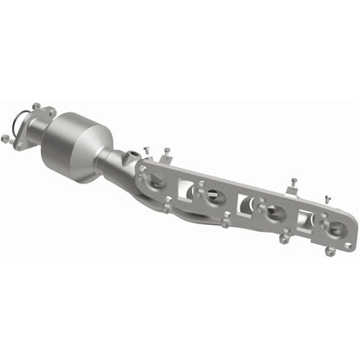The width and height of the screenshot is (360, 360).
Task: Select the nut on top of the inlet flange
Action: point(35,107)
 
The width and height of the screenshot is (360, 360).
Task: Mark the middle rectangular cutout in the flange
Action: point(246,205)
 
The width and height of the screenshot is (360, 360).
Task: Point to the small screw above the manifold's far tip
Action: point(327,199)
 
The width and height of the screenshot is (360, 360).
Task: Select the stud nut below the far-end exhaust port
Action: point(330,252)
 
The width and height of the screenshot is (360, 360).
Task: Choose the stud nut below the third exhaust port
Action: point(285,239)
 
